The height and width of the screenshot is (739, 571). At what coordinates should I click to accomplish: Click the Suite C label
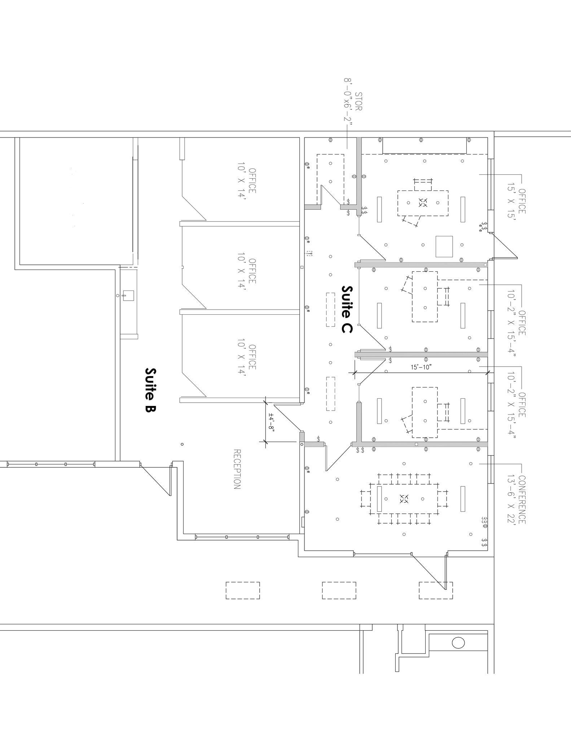click(347, 309)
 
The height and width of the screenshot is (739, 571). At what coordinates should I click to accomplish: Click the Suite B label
click(150, 390)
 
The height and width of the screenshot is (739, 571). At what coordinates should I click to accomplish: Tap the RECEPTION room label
click(237, 469)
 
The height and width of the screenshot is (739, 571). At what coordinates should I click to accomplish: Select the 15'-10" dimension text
click(421, 367)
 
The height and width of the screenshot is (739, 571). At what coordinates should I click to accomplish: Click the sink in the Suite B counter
click(128, 296)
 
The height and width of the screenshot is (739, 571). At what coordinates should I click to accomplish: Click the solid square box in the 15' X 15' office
click(444, 246)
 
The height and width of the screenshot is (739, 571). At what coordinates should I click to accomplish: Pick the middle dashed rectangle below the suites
click(339, 590)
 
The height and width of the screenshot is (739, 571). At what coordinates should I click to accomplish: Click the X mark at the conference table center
click(404, 499)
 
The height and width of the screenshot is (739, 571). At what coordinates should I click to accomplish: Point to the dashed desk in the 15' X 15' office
click(423, 203)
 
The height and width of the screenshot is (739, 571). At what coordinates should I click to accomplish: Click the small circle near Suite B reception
click(182, 444)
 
